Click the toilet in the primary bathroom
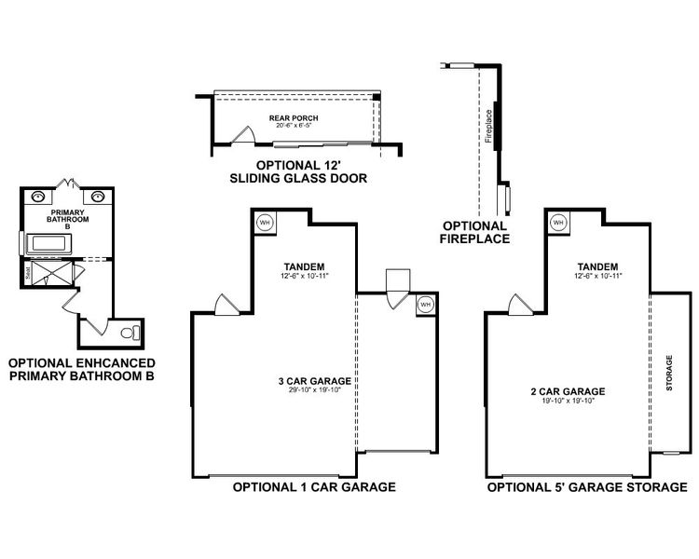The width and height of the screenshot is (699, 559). [129, 331]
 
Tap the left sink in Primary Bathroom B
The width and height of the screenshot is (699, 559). [38, 197]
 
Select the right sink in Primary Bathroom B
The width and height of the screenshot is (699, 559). [97, 197]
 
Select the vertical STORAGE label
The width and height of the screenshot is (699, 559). [668, 372]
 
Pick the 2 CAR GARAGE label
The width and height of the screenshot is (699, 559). [574, 391]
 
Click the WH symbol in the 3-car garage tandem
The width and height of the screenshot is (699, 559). [264, 223]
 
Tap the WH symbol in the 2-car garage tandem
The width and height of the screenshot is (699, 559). [558, 223]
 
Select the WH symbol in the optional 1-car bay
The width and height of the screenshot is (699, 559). [425, 304]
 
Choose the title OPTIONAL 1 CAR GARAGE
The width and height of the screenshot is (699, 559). [314, 486]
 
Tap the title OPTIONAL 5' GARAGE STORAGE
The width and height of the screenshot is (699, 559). [587, 486]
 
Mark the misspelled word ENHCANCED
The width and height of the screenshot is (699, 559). [108, 362]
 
